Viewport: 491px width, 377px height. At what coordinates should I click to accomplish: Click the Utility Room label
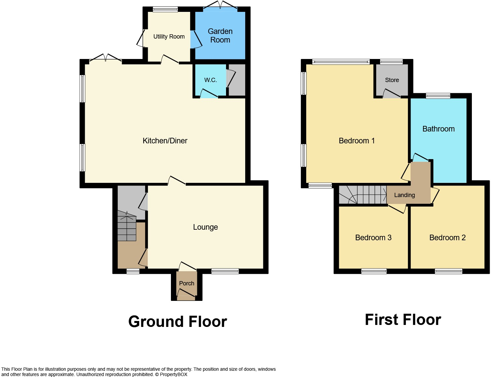click(169, 37)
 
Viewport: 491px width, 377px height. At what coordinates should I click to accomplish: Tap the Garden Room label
click(220, 36)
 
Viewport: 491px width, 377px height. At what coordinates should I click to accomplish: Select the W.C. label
click(210, 80)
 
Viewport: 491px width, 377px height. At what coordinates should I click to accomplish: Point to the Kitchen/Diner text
click(165, 141)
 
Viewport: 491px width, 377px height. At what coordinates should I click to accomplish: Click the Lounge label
click(205, 227)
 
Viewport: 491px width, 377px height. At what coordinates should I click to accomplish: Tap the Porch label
click(186, 283)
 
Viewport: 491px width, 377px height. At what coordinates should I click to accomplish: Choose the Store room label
click(392, 80)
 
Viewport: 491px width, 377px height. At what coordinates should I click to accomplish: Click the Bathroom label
click(438, 129)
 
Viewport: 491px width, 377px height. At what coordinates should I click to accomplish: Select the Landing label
click(404, 195)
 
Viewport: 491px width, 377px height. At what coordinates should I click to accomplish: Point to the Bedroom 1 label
click(356, 141)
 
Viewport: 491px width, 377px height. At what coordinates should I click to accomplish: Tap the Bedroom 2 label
click(447, 238)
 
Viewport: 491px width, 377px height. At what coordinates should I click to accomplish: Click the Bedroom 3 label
click(373, 238)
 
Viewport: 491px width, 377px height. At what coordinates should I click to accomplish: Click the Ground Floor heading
click(178, 322)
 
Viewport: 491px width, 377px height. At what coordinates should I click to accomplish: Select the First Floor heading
click(403, 320)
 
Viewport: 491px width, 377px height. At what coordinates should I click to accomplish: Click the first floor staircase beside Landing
click(363, 195)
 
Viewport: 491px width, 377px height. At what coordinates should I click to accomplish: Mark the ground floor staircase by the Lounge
click(127, 227)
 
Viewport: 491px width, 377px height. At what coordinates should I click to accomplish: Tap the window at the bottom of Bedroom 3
click(374, 271)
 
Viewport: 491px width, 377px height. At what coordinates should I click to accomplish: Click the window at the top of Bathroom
click(438, 96)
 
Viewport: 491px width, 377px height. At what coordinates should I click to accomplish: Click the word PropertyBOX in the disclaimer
click(174, 374)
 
